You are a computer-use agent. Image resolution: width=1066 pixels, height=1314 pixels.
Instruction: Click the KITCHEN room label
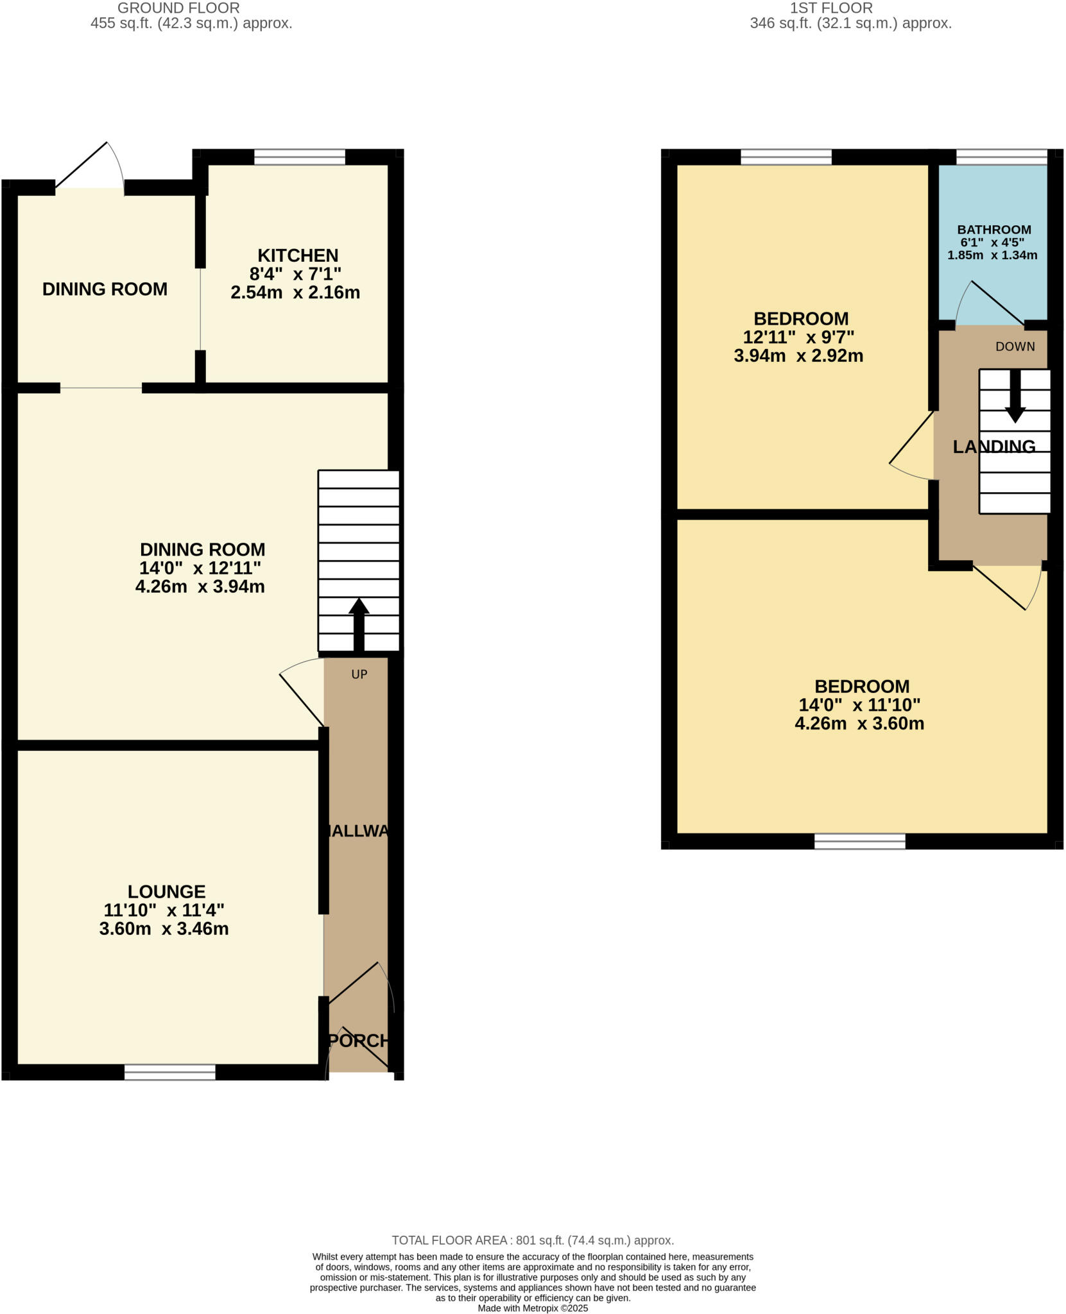298,255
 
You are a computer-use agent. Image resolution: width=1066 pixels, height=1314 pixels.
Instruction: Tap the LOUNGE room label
166,891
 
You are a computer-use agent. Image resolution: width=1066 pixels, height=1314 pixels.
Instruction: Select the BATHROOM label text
993,230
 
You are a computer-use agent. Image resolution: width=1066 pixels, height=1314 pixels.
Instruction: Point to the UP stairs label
359,674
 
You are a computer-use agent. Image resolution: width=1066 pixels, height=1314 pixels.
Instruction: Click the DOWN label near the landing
1015,346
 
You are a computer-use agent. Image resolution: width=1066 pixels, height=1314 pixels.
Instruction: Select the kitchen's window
299,157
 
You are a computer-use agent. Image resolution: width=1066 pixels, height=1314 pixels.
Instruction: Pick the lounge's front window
170,1071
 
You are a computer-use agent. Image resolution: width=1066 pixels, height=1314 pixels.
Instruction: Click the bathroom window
1002,157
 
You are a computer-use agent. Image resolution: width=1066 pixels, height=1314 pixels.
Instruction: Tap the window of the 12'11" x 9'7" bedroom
786,157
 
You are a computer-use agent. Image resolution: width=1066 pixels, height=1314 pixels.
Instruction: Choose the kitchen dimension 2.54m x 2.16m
295,293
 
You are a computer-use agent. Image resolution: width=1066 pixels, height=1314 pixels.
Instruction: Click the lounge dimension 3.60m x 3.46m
164,928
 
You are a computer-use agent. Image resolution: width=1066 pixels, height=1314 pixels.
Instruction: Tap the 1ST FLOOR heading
830,8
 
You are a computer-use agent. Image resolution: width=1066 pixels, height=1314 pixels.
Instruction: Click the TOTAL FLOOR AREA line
532,1240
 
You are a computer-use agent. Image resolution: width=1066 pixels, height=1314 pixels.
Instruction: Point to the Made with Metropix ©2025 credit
532,1308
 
